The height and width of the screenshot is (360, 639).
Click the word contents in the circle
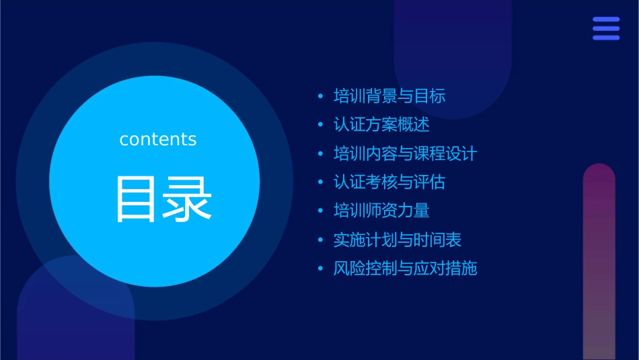click(158, 139)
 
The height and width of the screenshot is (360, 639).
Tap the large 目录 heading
click(163, 199)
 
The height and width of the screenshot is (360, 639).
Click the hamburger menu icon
click(606, 28)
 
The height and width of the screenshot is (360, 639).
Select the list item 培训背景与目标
click(389, 96)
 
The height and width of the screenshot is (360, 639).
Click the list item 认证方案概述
click(381, 125)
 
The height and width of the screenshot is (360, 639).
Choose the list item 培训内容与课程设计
click(405, 153)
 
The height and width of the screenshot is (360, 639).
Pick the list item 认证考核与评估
click(389, 182)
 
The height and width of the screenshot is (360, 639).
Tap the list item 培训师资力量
click(381, 211)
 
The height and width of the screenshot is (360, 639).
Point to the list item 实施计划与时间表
click(398, 240)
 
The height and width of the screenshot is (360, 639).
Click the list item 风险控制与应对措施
click(405, 268)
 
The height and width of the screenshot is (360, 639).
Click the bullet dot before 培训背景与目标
click(320, 97)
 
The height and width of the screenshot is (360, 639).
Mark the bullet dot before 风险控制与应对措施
click(320, 269)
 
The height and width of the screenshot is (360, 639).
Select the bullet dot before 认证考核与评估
click(320, 183)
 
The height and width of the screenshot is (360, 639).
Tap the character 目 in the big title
click(138, 199)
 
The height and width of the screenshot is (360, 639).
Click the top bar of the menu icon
click(606, 20)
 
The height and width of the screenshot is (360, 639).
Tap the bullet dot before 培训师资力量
click(320, 211)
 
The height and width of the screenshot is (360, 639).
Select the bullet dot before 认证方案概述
click(320, 126)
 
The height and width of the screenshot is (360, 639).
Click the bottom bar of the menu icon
click(606, 37)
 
